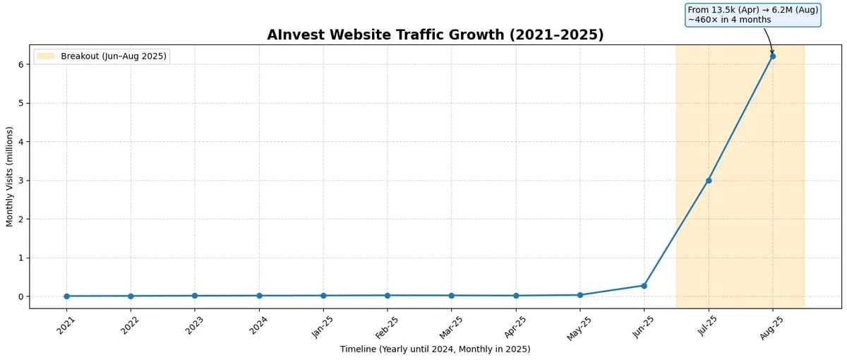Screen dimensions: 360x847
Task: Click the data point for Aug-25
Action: coord(772,56)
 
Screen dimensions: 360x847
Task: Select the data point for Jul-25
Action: coord(709,180)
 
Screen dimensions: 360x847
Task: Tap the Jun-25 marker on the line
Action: coord(644,285)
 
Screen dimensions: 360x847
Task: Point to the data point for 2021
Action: coord(66,296)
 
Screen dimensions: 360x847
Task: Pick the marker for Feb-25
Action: coord(387,295)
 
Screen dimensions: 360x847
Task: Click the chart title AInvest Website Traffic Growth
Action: coord(435,35)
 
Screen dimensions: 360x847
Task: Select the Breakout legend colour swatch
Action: coord(45,56)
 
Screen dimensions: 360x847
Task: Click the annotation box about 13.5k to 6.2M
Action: coord(752,15)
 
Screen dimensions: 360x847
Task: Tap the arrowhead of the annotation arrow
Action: coord(772,53)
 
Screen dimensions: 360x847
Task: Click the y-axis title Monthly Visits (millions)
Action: coord(10,176)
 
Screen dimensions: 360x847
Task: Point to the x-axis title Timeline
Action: coord(435,349)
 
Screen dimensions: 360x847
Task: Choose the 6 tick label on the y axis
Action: coord(21,64)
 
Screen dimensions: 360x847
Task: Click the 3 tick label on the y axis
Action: coord(21,180)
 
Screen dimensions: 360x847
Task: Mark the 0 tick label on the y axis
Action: coord(21,296)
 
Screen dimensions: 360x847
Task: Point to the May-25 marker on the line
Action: coord(579,294)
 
